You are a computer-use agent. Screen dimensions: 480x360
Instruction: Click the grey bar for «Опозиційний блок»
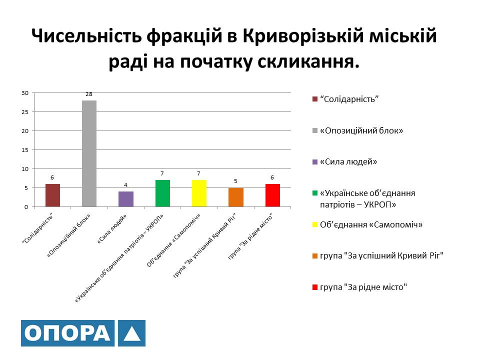click(x=89, y=153)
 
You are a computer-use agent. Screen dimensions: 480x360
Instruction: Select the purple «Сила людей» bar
click(x=126, y=199)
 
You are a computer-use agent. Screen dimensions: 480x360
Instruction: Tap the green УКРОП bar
click(x=162, y=193)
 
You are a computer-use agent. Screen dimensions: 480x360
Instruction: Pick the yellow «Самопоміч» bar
click(x=199, y=193)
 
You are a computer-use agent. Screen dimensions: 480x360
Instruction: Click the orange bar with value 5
click(x=235, y=197)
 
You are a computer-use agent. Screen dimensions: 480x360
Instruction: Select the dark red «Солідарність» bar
click(x=52, y=195)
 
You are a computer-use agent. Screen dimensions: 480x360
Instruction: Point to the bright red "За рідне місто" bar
click(x=272, y=195)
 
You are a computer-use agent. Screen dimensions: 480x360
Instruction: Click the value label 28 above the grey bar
click(x=89, y=94)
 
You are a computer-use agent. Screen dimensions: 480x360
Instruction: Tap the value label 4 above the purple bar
click(x=125, y=185)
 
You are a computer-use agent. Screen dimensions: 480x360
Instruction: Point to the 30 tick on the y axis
click(x=25, y=93)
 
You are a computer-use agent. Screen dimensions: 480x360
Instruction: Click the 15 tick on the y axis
click(x=25, y=150)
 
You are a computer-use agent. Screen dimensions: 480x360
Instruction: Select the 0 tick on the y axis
click(x=26, y=207)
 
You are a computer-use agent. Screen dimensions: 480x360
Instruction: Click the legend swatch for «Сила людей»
click(x=315, y=161)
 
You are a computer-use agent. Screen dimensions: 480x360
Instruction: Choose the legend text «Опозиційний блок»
click(x=361, y=130)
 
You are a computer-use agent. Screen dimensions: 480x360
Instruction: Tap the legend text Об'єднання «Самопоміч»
click(x=371, y=224)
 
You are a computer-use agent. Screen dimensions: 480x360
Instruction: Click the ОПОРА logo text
click(x=67, y=333)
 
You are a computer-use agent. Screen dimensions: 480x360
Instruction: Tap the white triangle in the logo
click(x=132, y=334)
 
